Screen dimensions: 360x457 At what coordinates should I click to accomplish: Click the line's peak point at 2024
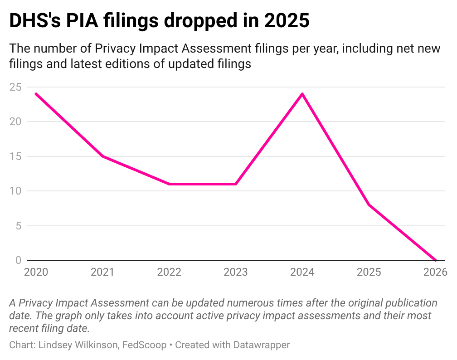pos(302,94)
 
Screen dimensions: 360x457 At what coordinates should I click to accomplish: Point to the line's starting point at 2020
pos(36,94)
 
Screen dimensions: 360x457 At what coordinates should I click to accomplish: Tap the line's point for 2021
pos(102,156)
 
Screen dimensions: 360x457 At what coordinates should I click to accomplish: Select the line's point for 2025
pos(369,205)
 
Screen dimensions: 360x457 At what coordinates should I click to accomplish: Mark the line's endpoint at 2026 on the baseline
pos(435,260)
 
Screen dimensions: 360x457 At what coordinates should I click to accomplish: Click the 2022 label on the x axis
pos(169,272)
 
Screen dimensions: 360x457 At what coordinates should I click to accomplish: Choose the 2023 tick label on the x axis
pos(236,272)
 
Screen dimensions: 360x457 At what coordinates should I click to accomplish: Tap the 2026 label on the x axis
pos(435,272)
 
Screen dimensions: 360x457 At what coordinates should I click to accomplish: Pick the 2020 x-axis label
pos(36,272)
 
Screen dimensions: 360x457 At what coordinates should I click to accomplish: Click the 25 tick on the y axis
pos(15,87)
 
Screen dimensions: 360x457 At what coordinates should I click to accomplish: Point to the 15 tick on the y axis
pos(15,156)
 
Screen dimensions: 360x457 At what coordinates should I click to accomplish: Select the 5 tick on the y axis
pos(18,225)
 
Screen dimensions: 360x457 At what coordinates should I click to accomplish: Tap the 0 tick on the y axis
pos(18,260)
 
